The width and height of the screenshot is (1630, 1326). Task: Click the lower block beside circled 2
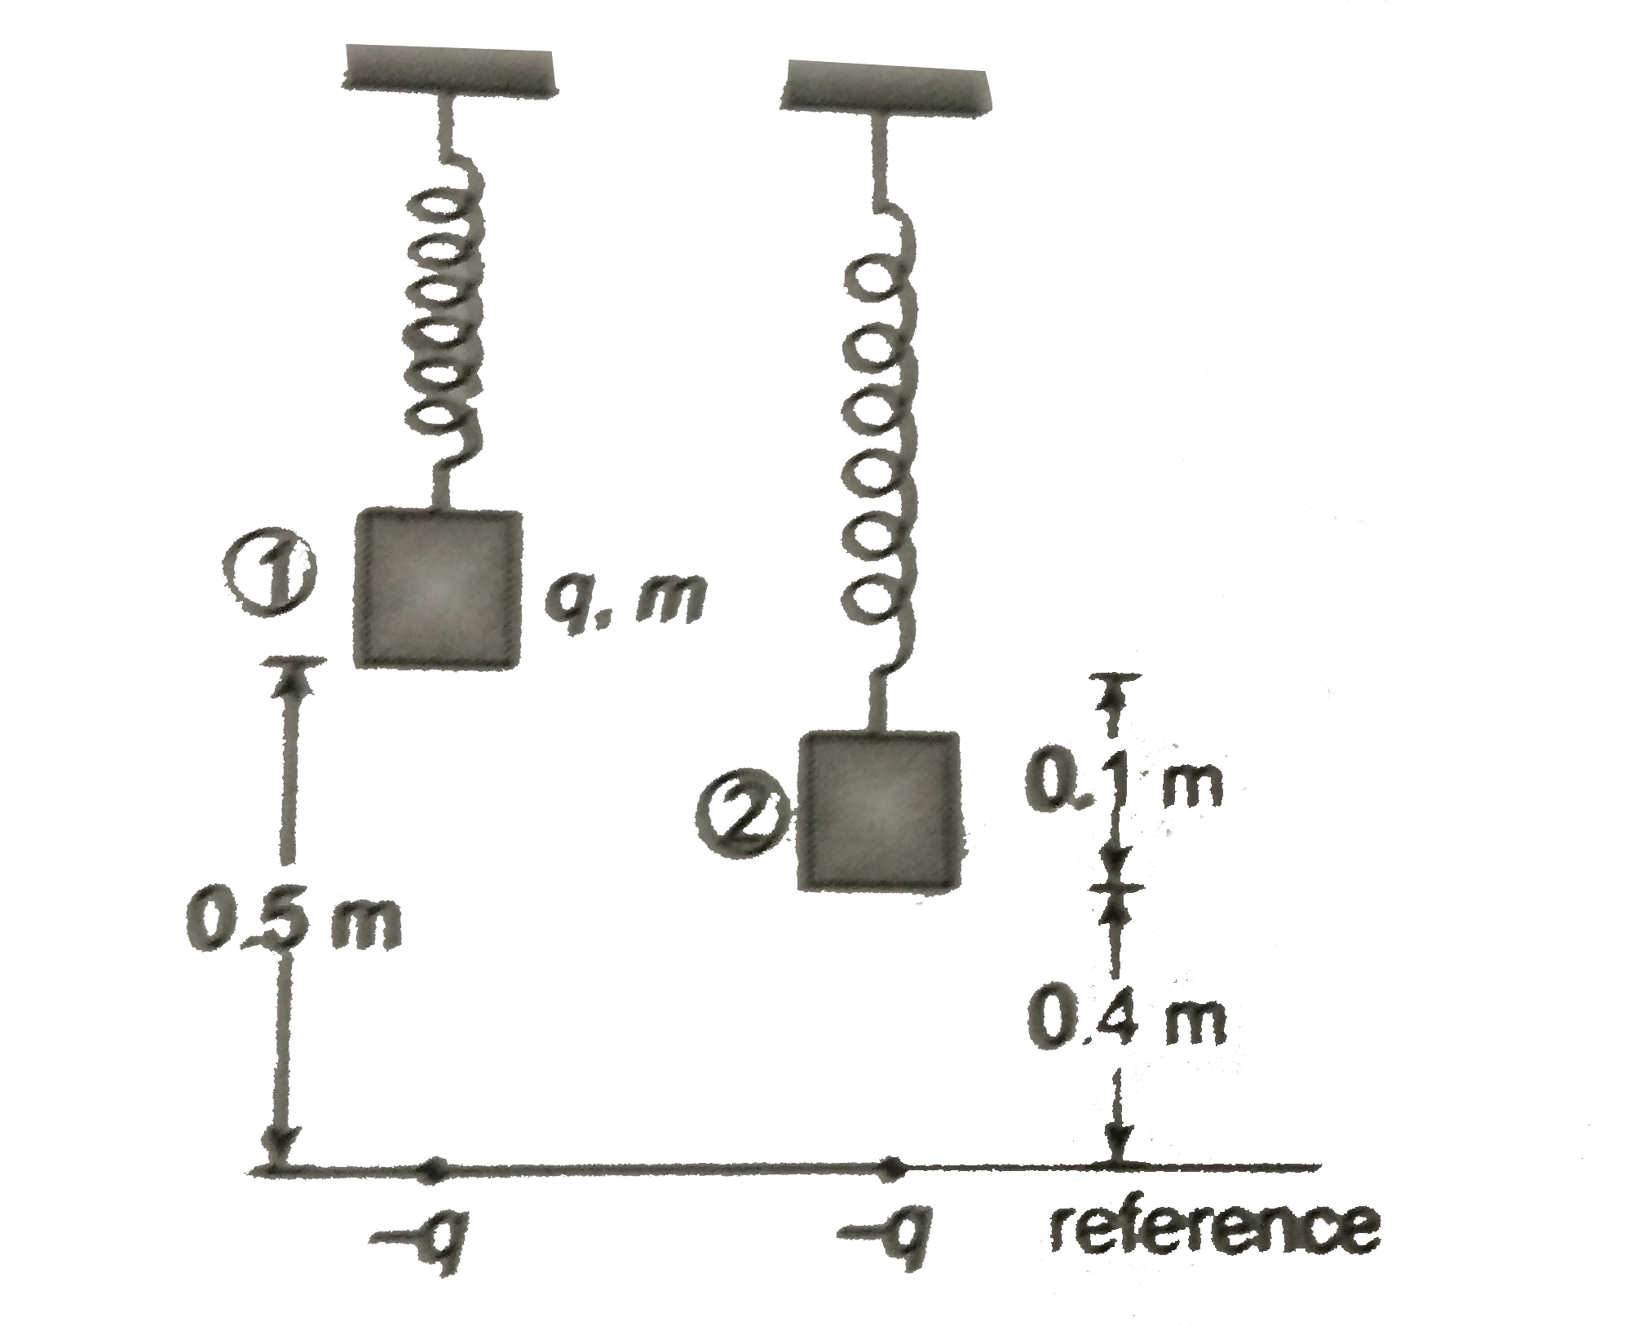click(880, 810)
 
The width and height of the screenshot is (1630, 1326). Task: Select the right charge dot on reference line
click(894, 1167)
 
